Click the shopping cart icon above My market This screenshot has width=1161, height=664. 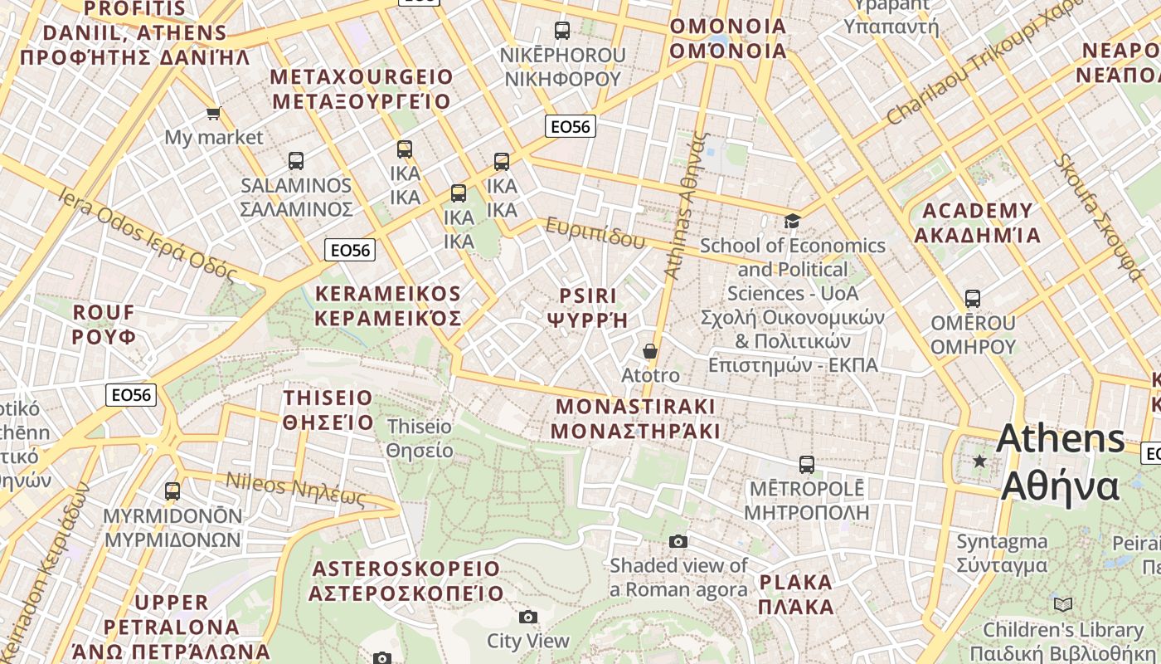pyautogui.click(x=213, y=113)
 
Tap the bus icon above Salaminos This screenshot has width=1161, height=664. pyautogui.click(x=296, y=161)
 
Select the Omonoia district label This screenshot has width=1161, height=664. pyautogui.click(x=727, y=38)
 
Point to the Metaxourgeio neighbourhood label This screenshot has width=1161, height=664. pyautogui.click(x=361, y=90)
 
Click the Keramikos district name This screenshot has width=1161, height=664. pyautogui.click(x=387, y=306)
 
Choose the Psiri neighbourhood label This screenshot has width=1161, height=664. pyautogui.click(x=588, y=308)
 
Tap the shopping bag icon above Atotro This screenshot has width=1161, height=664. pyautogui.click(x=650, y=351)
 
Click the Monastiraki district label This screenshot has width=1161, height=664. pyautogui.click(x=635, y=419)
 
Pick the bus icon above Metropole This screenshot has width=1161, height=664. pyautogui.click(x=806, y=464)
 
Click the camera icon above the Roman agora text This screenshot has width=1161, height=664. pyautogui.click(x=678, y=542)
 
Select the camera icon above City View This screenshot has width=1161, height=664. pyautogui.click(x=527, y=617)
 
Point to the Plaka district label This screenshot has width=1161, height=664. pyautogui.click(x=796, y=594)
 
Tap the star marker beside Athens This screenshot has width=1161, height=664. pyautogui.click(x=979, y=461)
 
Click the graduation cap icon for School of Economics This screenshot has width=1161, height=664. pyautogui.click(x=792, y=221)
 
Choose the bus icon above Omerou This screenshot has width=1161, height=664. pyautogui.click(x=973, y=298)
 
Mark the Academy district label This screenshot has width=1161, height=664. pyautogui.click(x=978, y=222)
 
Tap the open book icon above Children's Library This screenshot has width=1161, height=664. pyautogui.click(x=1062, y=604)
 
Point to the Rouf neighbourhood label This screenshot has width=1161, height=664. pyautogui.click(x=104, y=325)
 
